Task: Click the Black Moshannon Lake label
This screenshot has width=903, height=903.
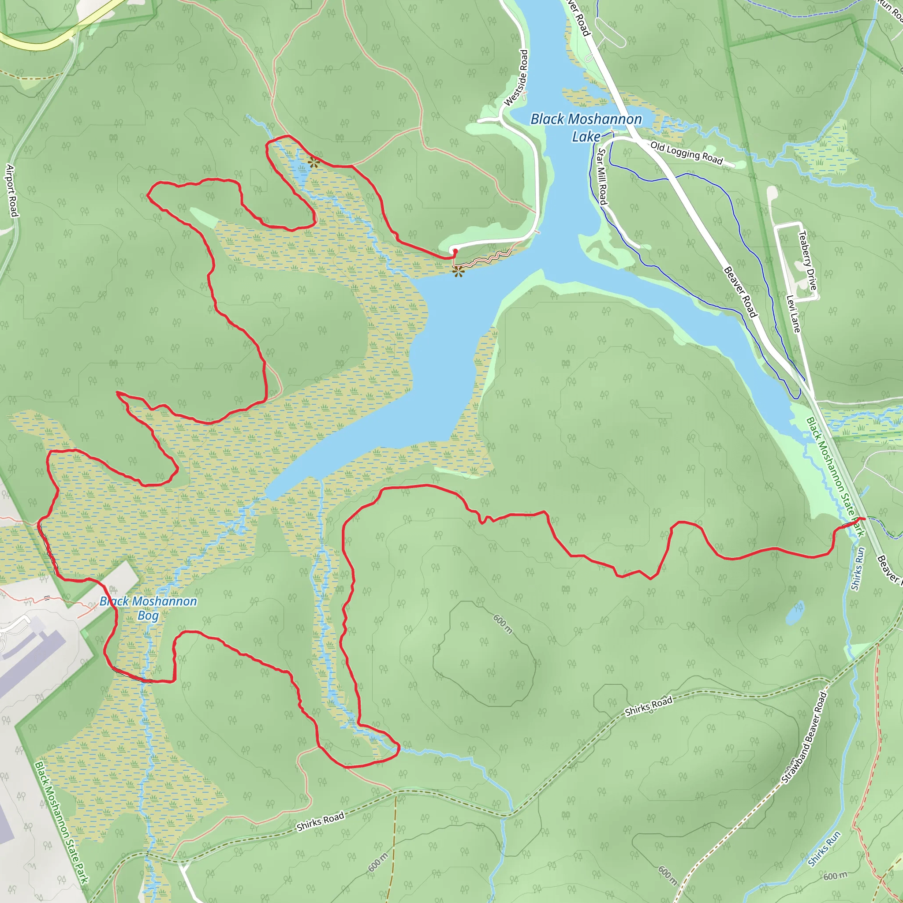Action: (x=586, y=127)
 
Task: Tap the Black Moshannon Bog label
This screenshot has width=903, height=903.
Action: (x=148, y=608)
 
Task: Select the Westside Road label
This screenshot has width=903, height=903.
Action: (x=516, y=78)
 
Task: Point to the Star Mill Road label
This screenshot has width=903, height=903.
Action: (x=602, y=176)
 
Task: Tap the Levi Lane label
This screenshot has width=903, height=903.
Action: (x=793, y=313)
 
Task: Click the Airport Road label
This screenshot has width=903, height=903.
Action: (x=12, y=190)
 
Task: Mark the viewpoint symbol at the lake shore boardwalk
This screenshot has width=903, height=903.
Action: (x=458, y=271)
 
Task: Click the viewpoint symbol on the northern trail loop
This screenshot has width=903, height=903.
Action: (x=313, y=163)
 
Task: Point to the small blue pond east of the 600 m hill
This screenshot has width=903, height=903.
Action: (x=795, y=613)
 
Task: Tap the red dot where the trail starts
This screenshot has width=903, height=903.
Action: (x=455, y=251)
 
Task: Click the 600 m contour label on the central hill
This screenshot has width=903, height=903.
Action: (x=503, y=624)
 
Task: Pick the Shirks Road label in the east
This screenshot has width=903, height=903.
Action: (x=649, y=706)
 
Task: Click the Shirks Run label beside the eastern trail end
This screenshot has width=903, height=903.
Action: (x=857, y=569)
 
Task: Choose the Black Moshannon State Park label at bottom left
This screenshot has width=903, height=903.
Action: (x=61, y=823)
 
